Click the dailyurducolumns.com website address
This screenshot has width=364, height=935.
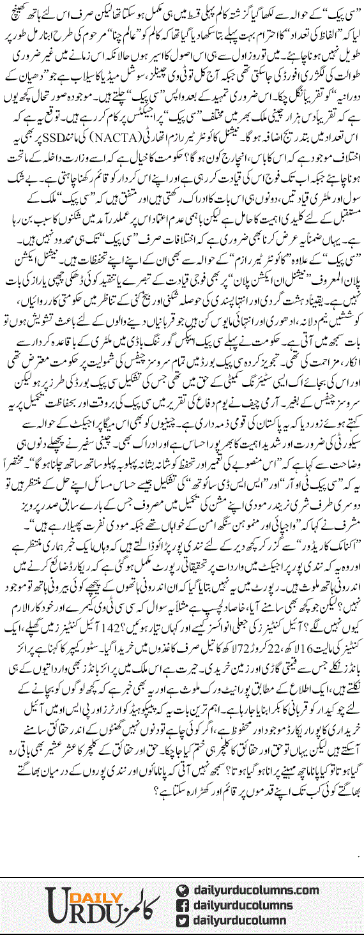pos(254,890)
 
